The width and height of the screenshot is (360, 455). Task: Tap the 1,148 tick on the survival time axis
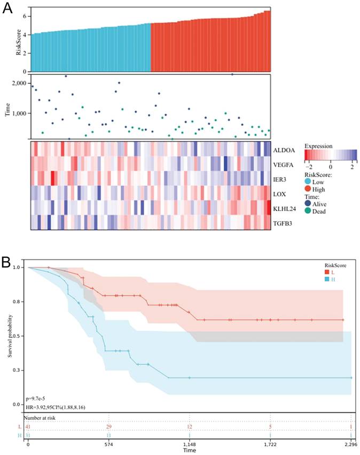tap(190, 444)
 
